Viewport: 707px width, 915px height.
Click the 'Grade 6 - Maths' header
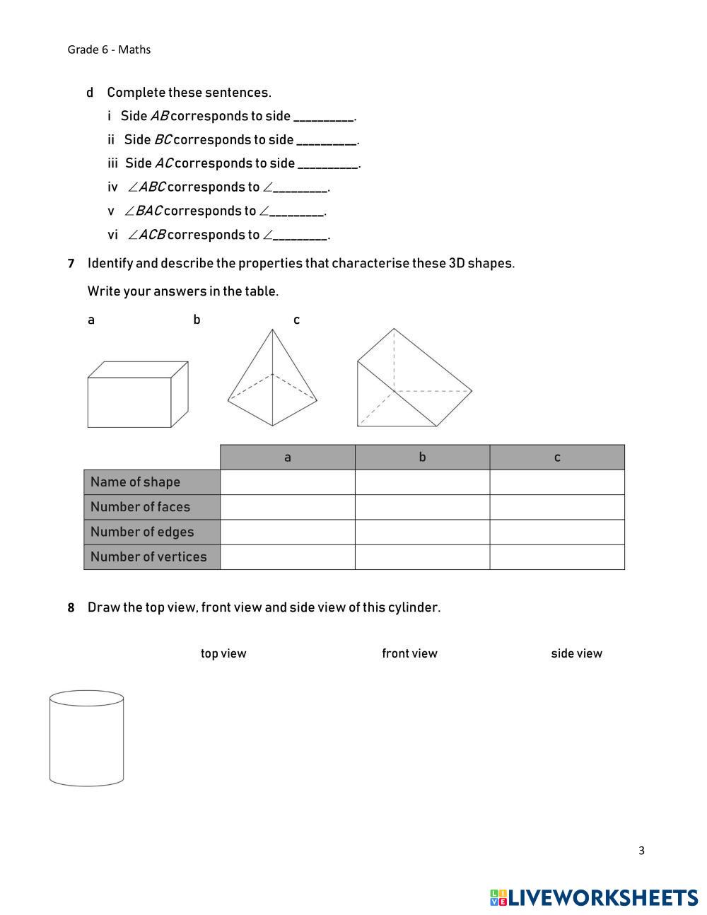pyautogui.click(x=109, y=49)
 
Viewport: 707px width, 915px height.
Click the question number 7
pyautogui.click(x=71, y=264)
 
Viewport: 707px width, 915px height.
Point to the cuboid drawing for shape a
pyautogui.click(x=137, y=395)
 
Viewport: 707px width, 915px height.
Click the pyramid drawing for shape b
pyautogui.click(x=272, y=378)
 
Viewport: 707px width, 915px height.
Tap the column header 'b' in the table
pyautogui.click(x=422, y=457)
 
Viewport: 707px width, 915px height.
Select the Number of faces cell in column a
pyautogui.click(x=287, y=507)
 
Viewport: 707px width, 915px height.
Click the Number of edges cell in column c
pyautogui.click(x=557, y=532)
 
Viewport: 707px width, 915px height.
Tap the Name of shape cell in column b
pyautogui.click(x=422, y=482)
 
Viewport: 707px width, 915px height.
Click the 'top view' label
pyautogui.click(x=223, y=653)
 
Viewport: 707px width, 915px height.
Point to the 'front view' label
pyautogui.click(x=409, y=653)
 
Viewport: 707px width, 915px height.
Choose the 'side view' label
pyautogui.click(x=576, y=653)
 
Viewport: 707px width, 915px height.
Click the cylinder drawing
pyautogui.click(x=86, y=738)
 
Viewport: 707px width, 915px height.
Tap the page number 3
pyautogui.click(x=641, y=851)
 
